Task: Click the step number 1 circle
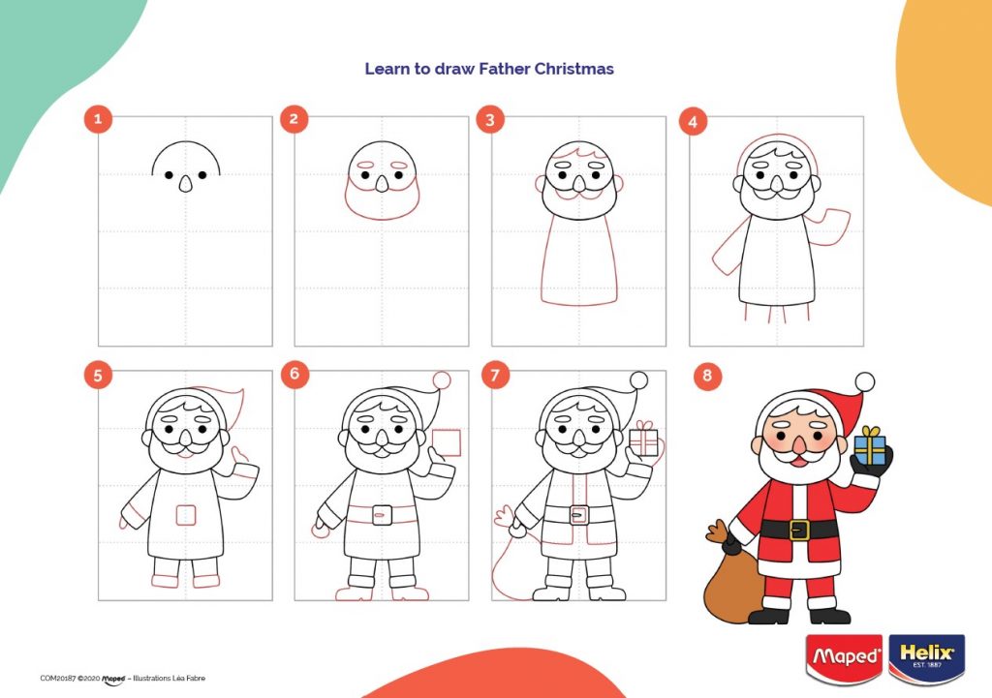[98, 120]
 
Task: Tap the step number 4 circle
[692, 121]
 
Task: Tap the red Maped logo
[843, 657]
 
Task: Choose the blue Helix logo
[926, 657]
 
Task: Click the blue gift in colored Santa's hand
[870, 445]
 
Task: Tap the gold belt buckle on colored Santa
[798, 529]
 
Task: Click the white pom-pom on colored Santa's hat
[864, 381]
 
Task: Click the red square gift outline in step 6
[447, 442]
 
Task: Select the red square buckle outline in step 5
[186, 515]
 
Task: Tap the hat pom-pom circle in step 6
[442, 380]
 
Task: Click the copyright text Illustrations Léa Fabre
[169, 678]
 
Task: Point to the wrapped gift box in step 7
[642, 441]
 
